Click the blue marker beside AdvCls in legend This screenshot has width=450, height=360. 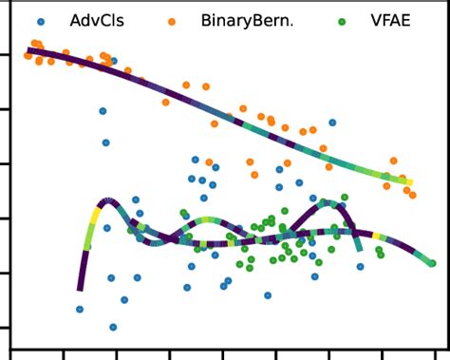(39, 19)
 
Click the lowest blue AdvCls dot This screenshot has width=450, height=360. (113, 327)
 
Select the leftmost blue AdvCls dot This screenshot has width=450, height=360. (80, 309)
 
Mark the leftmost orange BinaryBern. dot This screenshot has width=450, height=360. (28, 56)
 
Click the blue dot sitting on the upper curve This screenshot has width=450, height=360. (113, 61)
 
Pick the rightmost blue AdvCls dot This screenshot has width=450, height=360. (360, 267)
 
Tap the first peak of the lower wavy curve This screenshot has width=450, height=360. (106, 201)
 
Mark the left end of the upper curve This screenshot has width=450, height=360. (29, 50)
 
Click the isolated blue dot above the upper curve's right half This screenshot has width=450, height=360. (331, 123)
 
